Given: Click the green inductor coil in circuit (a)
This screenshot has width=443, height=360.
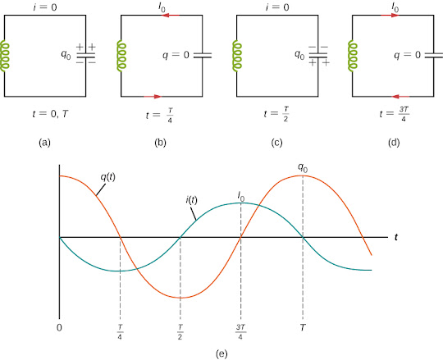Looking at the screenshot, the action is coord(5,57).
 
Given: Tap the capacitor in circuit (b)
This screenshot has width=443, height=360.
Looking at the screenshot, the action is coord(203,55).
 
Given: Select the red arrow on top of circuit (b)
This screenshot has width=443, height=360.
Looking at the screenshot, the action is coord(171,15).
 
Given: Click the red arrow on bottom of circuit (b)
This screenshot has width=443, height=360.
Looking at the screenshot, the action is coord(153,97).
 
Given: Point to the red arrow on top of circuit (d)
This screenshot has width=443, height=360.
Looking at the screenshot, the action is coord(390,15).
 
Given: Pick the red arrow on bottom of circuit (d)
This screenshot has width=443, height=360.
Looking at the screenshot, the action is coord(400,97).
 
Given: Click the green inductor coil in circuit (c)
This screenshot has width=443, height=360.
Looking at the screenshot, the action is coord(237,55).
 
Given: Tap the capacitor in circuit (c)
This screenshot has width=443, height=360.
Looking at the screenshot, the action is coord(318,55).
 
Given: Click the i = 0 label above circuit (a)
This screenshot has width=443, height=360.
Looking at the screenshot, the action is coord(45,7).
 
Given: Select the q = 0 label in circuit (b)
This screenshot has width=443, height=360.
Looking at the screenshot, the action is coord(176,54).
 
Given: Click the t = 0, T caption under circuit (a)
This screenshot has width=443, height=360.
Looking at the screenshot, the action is coord(51,114).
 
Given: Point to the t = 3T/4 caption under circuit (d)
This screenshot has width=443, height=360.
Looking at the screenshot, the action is coord(395,114).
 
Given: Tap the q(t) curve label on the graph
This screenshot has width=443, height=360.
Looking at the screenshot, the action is coord(108,177).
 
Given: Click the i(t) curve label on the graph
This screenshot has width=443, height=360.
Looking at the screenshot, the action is coord(191,200).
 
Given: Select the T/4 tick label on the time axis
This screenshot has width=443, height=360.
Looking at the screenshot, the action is coord(120,332).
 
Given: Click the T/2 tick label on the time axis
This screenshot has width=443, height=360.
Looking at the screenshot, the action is coord(180,332).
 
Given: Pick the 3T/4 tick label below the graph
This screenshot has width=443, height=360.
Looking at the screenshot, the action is coord(240,332).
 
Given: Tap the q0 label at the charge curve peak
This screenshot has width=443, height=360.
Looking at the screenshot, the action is coord(303,168).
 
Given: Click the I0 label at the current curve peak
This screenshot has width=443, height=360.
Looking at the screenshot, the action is coord(241,196).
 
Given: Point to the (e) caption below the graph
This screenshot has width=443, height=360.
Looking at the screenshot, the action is coord(221,353).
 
